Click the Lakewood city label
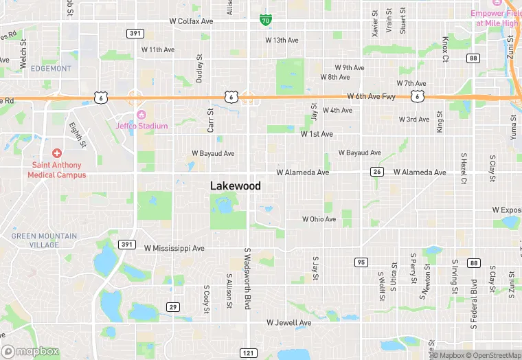pyautogui.click(x=236, y=185)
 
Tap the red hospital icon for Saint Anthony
pyautogui.click(x=56, y=153)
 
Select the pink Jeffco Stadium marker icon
pyautogui.click(x=141, y=114)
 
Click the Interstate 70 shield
pyautogui.click(x=265, y=21)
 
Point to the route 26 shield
pyautogui.click(x=376, y=171)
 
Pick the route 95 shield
pyautogui.click(x=361, y=262)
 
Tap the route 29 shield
pyautogui.click(x=172, y=306)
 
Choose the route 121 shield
pyautogui.click(x=247, y=352)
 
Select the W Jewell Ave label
pyautogui.click(x=289, y=322)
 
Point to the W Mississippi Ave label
pyautogui.click(x=174, y=248)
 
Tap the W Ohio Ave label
pyautogui.click(x=319, y=219)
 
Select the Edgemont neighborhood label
pyautogui.click(x=52, y=69)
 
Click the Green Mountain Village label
pyautogui.click(x=44, y=240)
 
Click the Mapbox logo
pyautogui.click(x=30, y=351)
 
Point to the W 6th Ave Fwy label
pyautogui.click(x=372, y=97)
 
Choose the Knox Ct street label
pyautogui.click(x=445, y=49)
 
